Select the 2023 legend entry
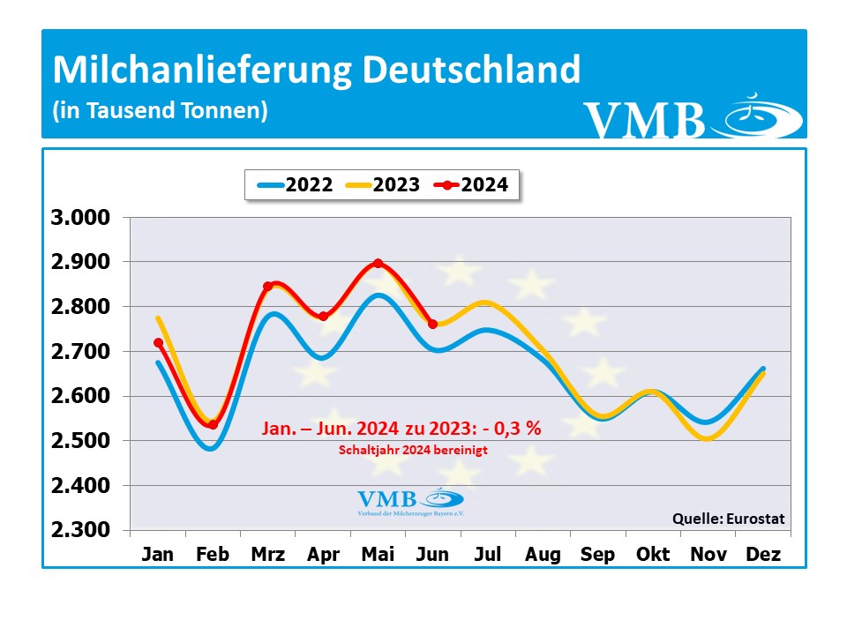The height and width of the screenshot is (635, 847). click(382, 185)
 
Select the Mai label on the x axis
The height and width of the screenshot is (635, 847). click(378, 555)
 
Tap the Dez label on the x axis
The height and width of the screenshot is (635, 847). click(763, 555)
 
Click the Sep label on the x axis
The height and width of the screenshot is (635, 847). click(598, 555)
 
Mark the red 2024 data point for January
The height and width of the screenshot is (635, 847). click(158, 342)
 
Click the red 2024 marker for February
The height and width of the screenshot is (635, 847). click(213, 425)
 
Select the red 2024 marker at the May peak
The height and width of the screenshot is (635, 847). click(378, 263)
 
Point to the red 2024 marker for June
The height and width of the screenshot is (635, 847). click(432, 324)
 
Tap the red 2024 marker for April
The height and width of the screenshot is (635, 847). click(323, 316)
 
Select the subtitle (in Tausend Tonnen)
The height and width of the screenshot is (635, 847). click(160, 111)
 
